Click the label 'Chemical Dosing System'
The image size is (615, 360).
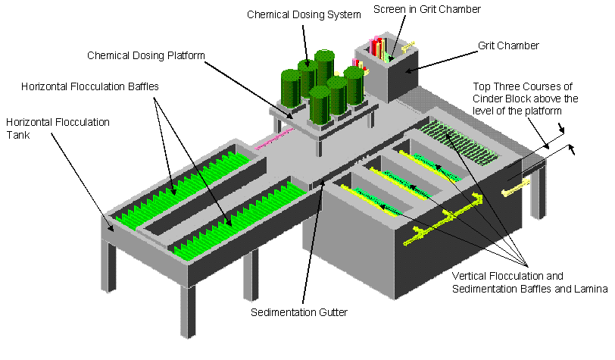click(x=304, y=15)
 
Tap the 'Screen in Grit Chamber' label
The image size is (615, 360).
click(x=426, y=9)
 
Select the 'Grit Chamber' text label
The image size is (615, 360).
click(x=508, y=45)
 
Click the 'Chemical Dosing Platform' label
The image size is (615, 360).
click(x=146, y=55)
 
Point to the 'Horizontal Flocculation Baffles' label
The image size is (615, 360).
click(x=90, y=86)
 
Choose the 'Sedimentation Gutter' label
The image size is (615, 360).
click(x=299, y=312)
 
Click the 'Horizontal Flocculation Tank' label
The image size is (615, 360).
click(x=58, y=128)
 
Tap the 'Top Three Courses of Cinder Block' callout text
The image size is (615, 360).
click(x=525, y=99)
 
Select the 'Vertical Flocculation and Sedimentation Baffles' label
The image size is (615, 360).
click(x=529, y=282)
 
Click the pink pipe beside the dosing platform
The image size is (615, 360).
click(x=273, y=137)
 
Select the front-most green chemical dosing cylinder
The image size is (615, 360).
click(x=320, y=105)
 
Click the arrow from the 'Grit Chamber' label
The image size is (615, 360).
click(x=442, y=61)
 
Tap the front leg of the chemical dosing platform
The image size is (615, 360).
click(x=320, y=147)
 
